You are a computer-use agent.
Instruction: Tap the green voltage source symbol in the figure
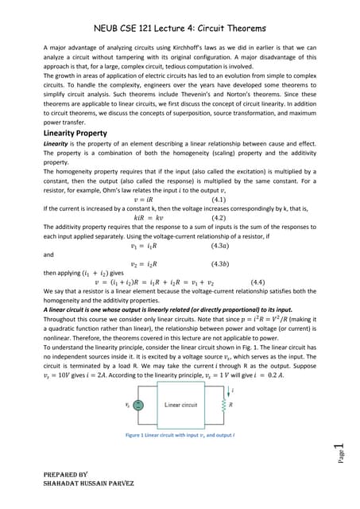[137, 404]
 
